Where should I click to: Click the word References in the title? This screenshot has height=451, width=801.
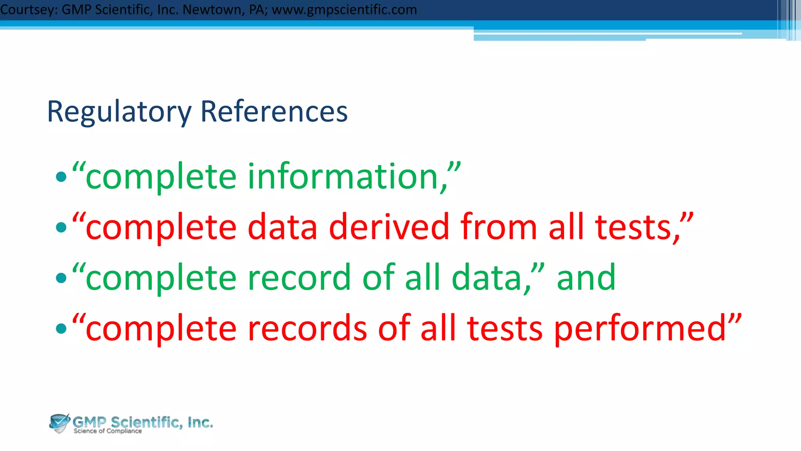tap(274, 112)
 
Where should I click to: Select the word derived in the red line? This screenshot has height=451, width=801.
tap(389, 227)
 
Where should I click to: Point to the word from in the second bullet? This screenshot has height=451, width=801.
tap(499, 227)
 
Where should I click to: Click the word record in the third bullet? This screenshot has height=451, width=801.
tap(299, 278)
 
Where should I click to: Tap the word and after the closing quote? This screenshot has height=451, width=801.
tap(586, 278)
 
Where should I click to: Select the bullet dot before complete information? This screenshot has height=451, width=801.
tap(61, 177)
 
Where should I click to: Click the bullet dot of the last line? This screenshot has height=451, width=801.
tap(61, 328)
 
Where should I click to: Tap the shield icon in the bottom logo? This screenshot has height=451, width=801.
tap(59, 423)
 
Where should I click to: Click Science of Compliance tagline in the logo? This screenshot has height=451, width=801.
tap(108, 431)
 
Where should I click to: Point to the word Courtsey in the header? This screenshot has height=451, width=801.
tap(29, 9)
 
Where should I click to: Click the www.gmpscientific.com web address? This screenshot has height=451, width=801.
tap(344, 9)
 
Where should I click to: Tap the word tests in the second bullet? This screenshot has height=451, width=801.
tap(634, 227)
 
